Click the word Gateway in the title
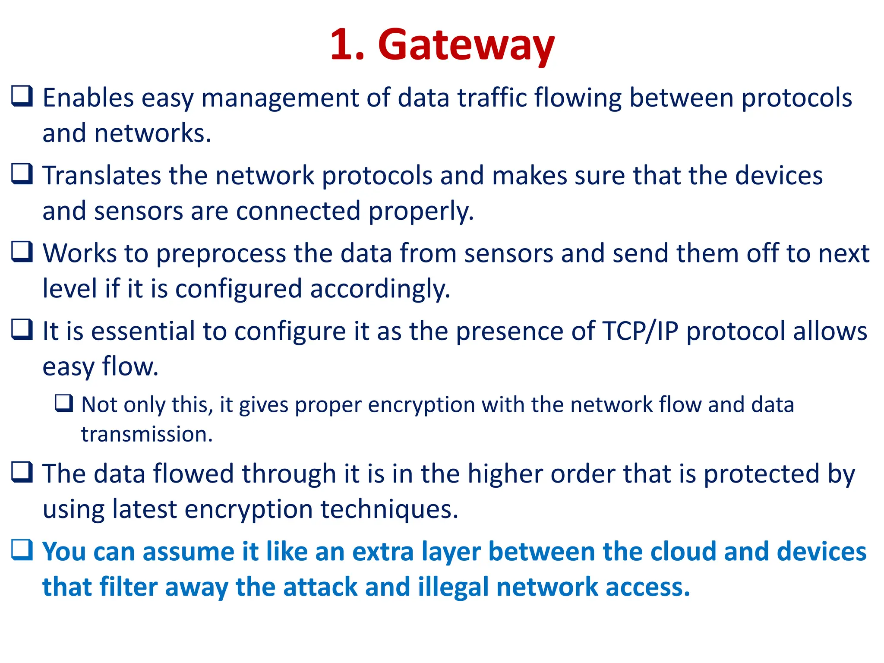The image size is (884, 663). click(x=466, y=45)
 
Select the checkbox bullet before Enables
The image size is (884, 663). click(x=22, y=96)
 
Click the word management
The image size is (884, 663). click(x=280, y=98)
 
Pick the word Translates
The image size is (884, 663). click(x=101, y=176)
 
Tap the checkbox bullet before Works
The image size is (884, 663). click(x=22, y=252)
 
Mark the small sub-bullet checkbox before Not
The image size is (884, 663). click(x=64, y=403)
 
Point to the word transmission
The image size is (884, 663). click(x=147, y=434)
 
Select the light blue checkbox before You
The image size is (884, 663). click(x=22, y=550)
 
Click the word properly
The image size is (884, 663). click(x=421, y=212)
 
